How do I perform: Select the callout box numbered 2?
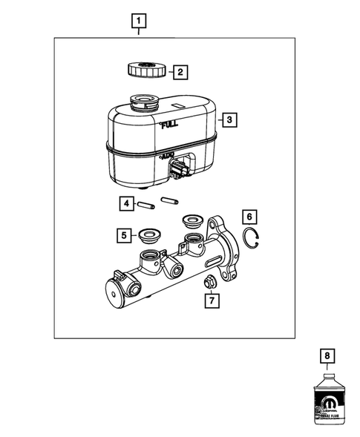179,72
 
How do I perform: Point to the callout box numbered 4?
127,202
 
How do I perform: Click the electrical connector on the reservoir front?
179,173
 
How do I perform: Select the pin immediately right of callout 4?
148,202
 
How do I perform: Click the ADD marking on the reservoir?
166,158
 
